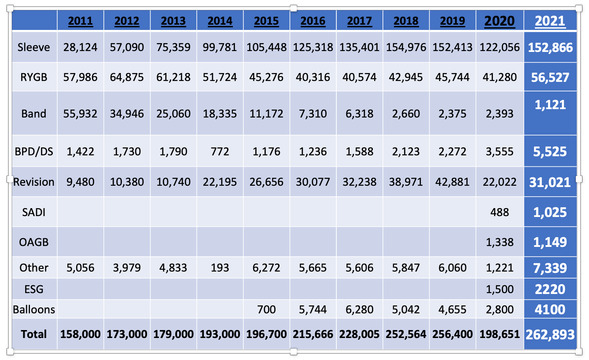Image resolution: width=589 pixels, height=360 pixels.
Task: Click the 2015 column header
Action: (266, 21)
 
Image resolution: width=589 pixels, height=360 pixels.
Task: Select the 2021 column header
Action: (550, 21)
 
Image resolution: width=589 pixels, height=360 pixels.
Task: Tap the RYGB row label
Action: (34, 77)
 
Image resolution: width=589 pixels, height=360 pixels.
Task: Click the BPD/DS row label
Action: (34, 151)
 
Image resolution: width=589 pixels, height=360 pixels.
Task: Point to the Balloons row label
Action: (34, 309)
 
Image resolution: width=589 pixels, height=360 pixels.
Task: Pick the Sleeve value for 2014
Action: (220, 47)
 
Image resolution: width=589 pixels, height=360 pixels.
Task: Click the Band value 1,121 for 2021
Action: (550, 105)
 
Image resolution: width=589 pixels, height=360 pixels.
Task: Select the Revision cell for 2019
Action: (452, 182)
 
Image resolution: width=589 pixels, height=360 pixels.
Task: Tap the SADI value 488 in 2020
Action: (500, 212)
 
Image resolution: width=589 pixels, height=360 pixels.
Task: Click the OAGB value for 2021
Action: (550, 242)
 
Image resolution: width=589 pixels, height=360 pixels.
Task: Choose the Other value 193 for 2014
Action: (220, 268)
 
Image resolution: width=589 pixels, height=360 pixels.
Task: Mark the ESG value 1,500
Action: (500, 289)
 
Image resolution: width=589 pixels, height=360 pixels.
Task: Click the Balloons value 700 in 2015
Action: (266, 309)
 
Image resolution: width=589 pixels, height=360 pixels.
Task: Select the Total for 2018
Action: (406, 334)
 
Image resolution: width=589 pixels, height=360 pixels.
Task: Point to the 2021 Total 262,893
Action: (550, 334)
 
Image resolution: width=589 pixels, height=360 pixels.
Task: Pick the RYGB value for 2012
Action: (127, 77)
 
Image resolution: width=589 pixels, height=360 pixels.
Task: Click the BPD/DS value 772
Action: (220, 151)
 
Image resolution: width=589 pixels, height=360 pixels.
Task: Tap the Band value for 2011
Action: (80, 114)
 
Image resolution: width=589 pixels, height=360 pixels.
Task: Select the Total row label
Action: (34, 334)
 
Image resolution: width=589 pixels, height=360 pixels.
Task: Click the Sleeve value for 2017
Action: (359, 47)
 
